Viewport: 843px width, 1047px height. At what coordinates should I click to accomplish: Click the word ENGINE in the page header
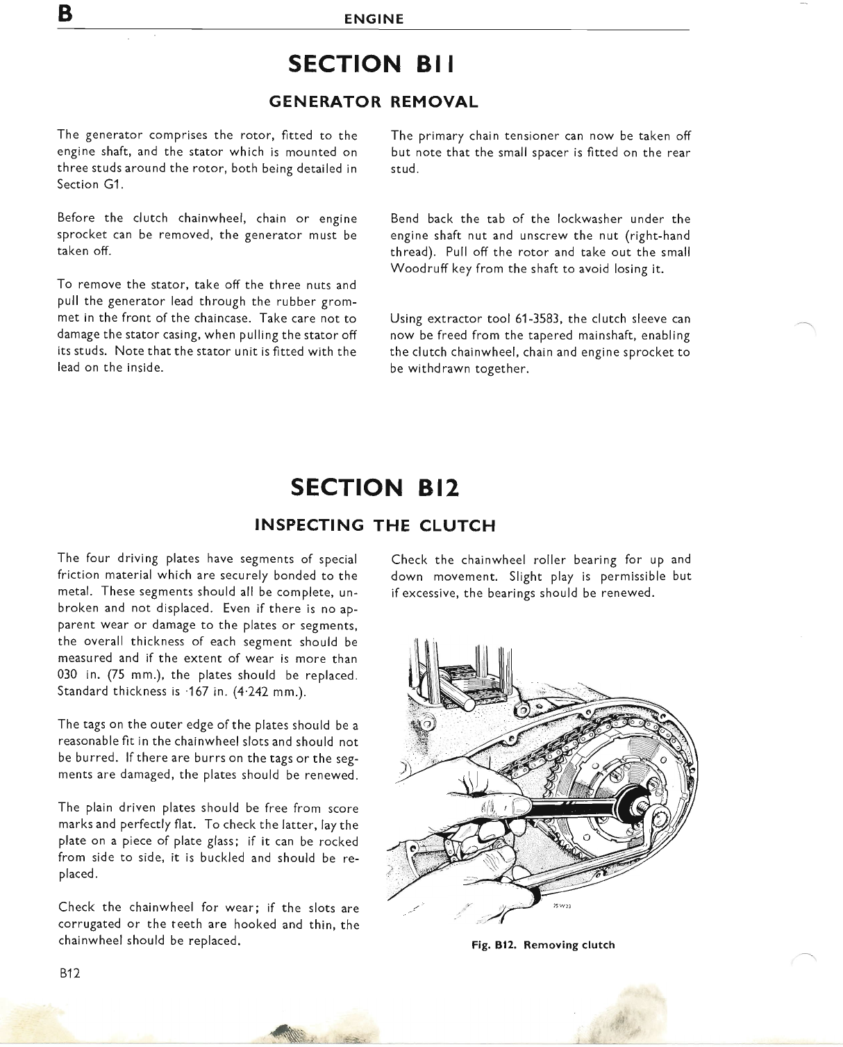click(374, 19)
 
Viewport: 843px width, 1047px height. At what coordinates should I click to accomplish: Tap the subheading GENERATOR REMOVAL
click(373, 102)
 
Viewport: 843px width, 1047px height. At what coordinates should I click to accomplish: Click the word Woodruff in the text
click(419, 269)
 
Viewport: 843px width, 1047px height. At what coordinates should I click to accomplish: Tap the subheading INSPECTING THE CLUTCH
click(375, 525)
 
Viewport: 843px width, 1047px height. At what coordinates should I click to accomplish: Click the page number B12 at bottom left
click(70, 973)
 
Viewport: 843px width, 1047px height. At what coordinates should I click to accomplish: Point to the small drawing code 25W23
click(562, 906)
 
